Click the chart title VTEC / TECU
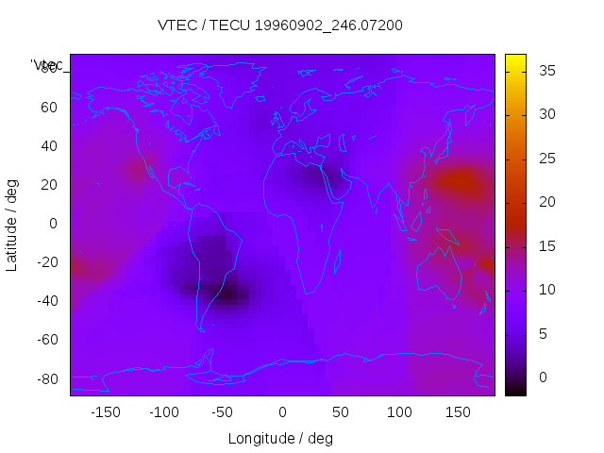279,25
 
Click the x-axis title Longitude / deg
280,438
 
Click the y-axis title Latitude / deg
12,223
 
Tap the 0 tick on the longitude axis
281,411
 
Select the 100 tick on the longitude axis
399,411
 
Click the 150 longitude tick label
458,411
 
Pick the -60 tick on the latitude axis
47,340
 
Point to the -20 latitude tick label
47,262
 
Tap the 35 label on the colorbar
545,71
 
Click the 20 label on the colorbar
545,202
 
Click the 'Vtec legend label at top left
46,64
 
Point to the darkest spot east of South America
226,294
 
